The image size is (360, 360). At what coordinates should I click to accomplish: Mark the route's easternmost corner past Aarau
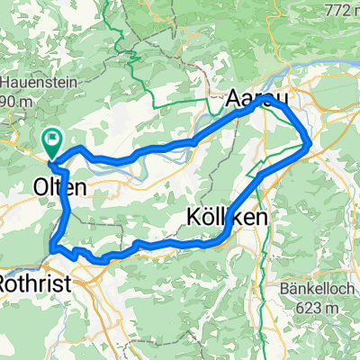pos(310,142)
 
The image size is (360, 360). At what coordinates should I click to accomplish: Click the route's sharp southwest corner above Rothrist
pos(52,245)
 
